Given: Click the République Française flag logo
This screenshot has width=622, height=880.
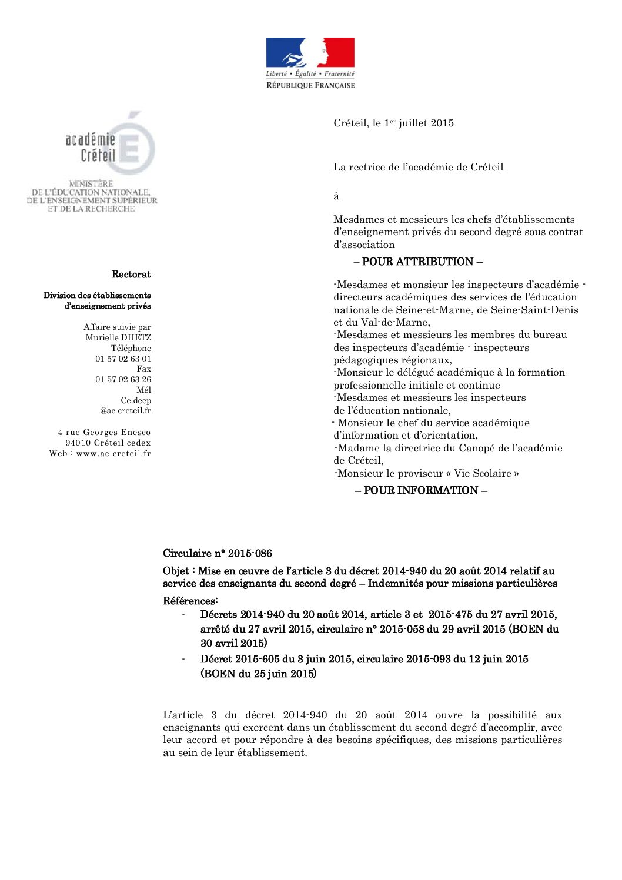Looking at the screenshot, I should [310, 63].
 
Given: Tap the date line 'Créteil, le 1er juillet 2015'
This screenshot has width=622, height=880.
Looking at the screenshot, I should [393, 123].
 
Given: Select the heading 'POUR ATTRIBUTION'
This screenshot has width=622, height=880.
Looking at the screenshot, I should [418, 262].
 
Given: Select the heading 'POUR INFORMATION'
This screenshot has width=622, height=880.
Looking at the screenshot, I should [421, 490].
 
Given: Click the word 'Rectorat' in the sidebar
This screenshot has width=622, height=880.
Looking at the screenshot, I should [131, 275].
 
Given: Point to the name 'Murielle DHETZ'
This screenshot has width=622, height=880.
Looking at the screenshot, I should [118, 337].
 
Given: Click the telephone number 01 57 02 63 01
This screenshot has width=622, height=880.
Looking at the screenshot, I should [123, 359].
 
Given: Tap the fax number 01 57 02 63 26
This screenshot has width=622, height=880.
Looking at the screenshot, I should [123, 379].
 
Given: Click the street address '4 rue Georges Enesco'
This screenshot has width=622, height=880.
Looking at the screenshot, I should [104, 432].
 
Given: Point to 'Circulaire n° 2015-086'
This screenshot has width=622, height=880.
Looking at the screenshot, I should [218, 553].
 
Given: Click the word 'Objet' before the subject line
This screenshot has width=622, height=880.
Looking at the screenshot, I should [176, 571].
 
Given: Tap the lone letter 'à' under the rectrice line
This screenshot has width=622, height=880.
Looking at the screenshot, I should [336, 196].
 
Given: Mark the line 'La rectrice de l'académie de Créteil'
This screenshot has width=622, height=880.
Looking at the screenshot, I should [418, 167].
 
